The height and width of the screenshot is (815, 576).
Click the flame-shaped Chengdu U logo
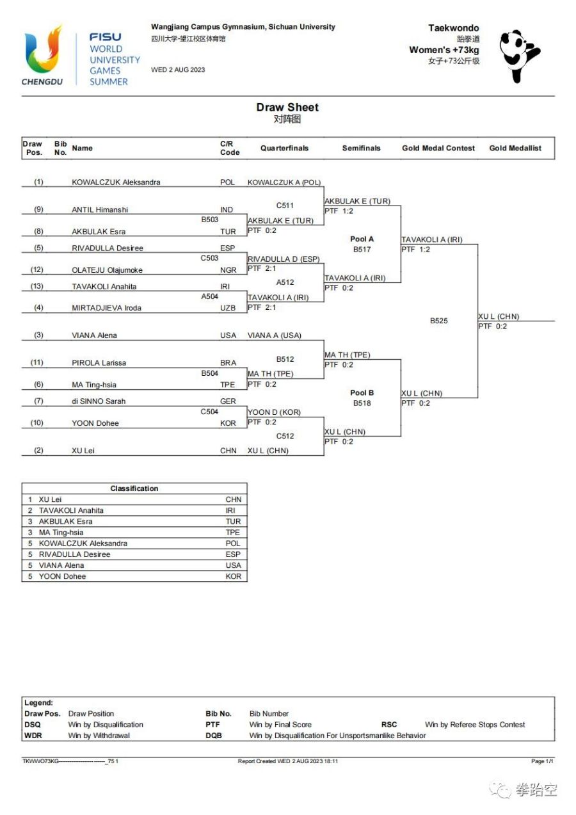[x=43, y=49]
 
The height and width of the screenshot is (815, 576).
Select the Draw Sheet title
[x=287, y=107]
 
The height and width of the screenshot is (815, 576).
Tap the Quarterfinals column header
[x=284, y=148]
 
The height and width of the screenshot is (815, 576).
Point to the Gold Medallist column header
[x=515, y=148]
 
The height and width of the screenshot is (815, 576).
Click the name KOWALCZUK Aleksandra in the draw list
[x=116, y=182]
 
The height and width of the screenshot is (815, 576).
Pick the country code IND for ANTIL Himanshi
[x=227, y=209]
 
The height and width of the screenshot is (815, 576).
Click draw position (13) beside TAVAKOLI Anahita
[x=36, y=286]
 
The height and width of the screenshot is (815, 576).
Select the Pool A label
[x=362, y=239]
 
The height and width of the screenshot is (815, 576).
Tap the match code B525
[x=438, y=321]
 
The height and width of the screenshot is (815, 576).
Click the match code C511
[x=285, y=206]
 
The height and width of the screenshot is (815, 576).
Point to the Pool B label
[x=362, y=392]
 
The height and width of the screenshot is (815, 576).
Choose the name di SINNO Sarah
[x=99, y=401]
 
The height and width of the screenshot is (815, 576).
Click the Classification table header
[x=134, y=488]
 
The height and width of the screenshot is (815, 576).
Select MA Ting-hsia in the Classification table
[x=61, y=532]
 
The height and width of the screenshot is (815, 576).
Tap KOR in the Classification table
[x=234, y=576]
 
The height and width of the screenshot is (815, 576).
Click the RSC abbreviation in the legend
[x=388, y=724]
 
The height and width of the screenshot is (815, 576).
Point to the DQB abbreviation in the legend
[x=214, y=736]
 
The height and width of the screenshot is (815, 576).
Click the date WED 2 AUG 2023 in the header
[x=178, y=70]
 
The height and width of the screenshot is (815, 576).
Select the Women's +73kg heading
[x=444, y=50]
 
